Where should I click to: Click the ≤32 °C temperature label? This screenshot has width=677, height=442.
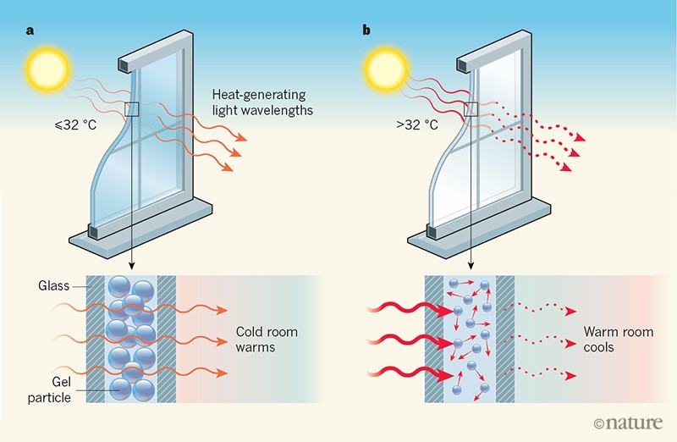73,127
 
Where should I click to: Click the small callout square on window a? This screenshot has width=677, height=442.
131,108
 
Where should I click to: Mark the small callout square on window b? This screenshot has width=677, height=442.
470,108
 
